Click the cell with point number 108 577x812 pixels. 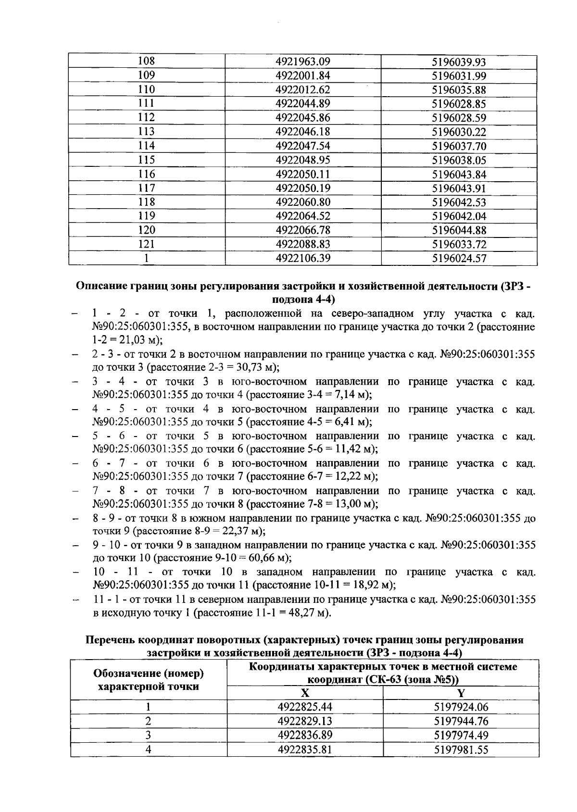point(146,62)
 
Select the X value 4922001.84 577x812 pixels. point(303,75)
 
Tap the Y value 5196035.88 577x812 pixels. point(459,90)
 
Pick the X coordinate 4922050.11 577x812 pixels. point(303,174)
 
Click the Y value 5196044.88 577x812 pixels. point(459,230)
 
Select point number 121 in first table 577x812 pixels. point(146,244)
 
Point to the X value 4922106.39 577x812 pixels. point(303,258)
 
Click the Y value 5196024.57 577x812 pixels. point(459,258)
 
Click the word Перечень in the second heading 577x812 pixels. point(110,640)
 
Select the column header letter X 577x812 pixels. point(305,693)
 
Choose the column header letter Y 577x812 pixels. point(461,693)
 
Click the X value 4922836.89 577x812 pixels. point(305,735)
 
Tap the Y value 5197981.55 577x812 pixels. point(461,750)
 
